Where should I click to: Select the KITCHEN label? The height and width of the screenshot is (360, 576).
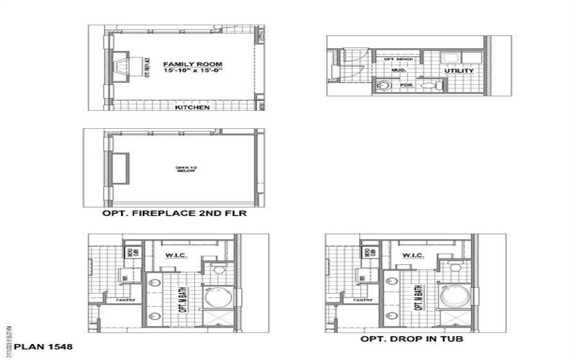click(x=192, y=107)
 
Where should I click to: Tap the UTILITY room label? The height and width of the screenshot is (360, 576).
click(x=459, y=71)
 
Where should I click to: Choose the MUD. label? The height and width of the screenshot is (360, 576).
click(x=399, y=71)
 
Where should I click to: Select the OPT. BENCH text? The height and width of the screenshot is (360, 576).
click(x=398, y=59)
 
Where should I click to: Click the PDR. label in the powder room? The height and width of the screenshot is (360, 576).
click(x=407, y=85)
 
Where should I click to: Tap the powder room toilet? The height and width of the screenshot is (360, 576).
click(x=431, y=86)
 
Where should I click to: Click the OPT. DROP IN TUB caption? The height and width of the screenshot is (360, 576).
click(x=412, y=338)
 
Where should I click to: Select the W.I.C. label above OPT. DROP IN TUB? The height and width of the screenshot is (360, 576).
click(x=413, y=256)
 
